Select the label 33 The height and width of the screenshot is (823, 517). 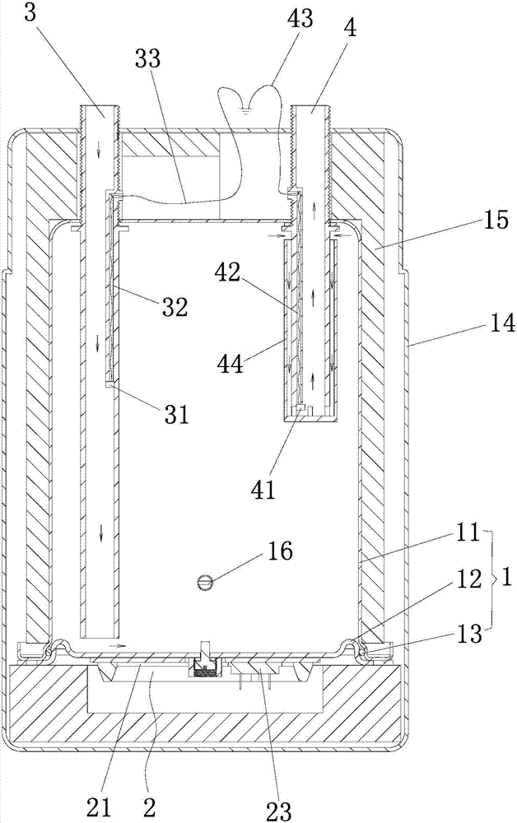click(150, 60)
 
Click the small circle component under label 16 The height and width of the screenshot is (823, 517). click(206, 583)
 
